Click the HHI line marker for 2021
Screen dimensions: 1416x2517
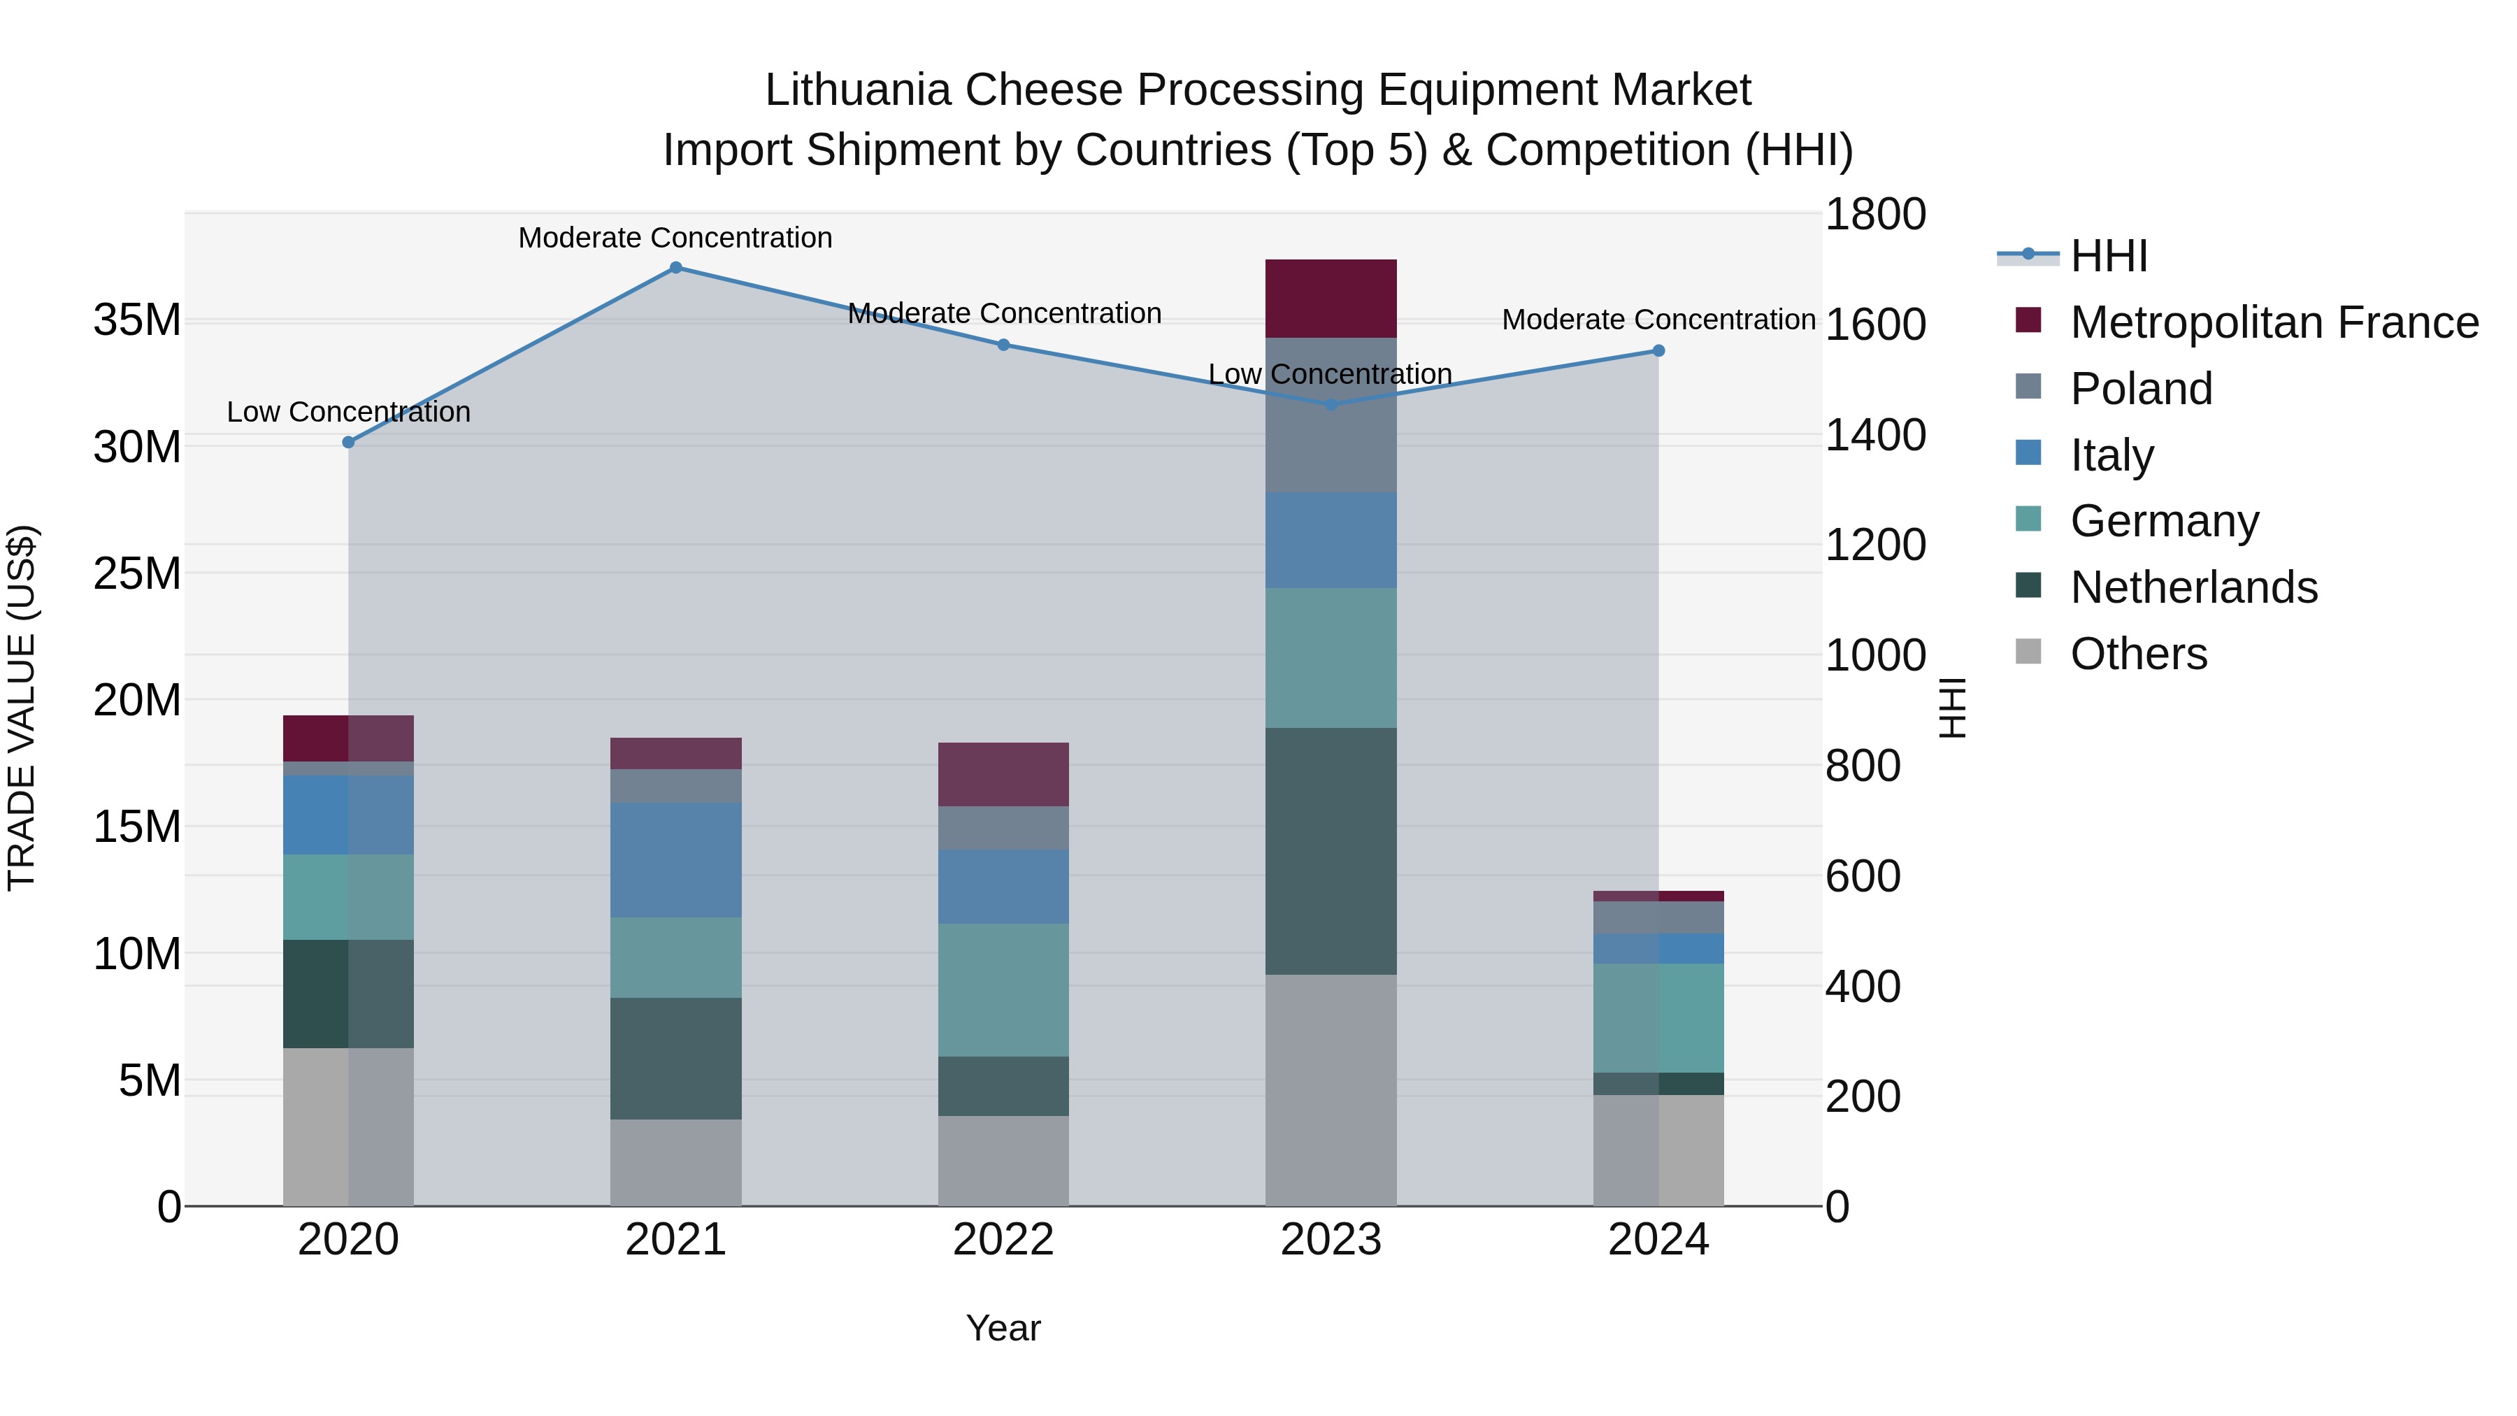coord(675,268)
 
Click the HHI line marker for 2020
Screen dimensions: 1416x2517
coord(349,443)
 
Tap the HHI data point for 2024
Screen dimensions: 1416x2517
coord(1658,351)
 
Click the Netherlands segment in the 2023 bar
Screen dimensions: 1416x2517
coord(1331,851)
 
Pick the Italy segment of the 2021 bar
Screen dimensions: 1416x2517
coord(675,860)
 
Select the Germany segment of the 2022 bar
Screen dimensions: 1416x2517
coord(1003,990)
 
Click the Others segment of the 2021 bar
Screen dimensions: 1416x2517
coord(675,1162)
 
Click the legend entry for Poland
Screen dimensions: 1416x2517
coord(2140,389)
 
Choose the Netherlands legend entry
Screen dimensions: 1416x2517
coord(2193,587)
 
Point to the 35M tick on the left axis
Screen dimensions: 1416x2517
coord(137,320)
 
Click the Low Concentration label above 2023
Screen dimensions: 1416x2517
coord(1330,374)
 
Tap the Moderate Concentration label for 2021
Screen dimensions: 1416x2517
coord(675,238)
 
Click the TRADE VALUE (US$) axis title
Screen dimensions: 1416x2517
coord(22,708)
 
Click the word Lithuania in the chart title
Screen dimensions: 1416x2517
coord(857,90)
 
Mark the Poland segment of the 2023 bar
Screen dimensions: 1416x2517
coord(1331,415)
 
